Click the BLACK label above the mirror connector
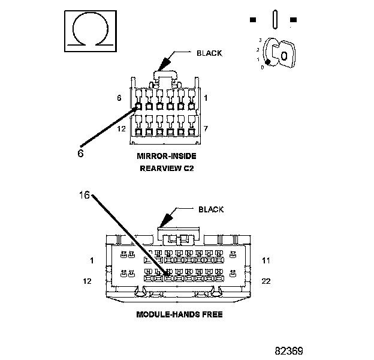click(x=209, y=53)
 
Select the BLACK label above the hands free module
click(x=210, y=209)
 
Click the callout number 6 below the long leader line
click(x=80, y=152)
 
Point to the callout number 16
click(x=84, y=195)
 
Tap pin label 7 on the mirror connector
click(x=205, y=129)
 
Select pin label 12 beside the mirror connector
click(x=120, y=129)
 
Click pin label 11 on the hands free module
click(x=267, y=260)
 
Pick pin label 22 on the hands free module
click(x=267, y=280)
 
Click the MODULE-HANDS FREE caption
click(x=179, y=314)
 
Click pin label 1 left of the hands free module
click(x=92, y=260)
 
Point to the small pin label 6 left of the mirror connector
click(x=120, y=97)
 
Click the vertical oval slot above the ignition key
click(x=273, y=19)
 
